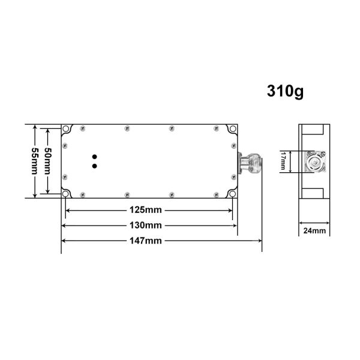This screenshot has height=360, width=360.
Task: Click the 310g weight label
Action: [285, 91]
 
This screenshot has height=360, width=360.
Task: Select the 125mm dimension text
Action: [146, 210]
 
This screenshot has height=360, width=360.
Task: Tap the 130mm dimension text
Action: [146, 225]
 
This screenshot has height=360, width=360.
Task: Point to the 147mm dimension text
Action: [146, 241]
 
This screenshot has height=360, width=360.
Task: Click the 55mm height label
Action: [35, 161]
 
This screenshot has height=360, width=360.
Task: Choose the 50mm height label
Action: [48, 161]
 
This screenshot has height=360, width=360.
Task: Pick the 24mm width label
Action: [314, 230]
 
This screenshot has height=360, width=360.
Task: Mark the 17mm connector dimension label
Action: [283, 161]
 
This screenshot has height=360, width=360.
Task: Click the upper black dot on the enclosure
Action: [94, 157]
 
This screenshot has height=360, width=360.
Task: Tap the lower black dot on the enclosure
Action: [94, 166]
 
